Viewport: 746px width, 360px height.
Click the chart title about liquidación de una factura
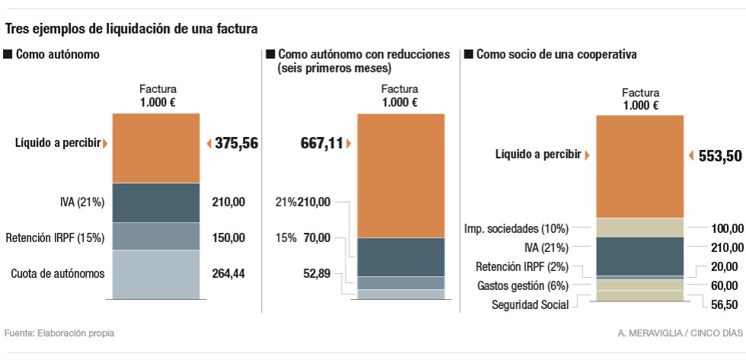(132, 29)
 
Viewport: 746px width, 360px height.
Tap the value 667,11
(320, 142)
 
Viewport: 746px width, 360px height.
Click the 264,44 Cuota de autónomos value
(228, 274)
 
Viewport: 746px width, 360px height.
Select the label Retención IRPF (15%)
(55, 237)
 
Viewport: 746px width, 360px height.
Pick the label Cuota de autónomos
(58, 274)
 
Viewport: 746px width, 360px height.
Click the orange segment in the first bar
(156, 148)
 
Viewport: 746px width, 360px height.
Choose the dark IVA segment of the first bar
(156, 202)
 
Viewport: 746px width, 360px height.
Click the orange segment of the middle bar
(400, 175)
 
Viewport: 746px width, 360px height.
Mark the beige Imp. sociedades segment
(639, 228)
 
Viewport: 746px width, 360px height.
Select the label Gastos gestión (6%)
(523, 285)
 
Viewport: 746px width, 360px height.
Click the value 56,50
(724, 304)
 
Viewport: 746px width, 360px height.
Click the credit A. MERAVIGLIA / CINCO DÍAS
(681, 333)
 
